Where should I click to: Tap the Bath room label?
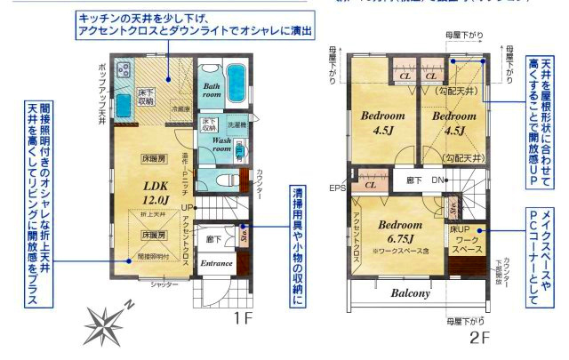(x=211, y=86)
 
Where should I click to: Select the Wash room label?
(x=221, y=146)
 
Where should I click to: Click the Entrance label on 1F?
(x=216, y=263)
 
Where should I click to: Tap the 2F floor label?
(x=480, y=338)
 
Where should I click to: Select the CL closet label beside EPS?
(x=369, y=187)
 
